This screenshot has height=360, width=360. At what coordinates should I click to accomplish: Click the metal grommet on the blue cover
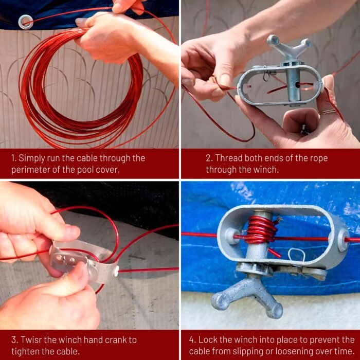click(x=26, y=22)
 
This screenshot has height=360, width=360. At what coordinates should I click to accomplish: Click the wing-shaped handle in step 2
click(x=289, y=46)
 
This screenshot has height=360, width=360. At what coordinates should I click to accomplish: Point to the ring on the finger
click(x=327, y=112)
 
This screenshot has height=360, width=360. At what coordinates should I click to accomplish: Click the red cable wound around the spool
click(x=261, y=229)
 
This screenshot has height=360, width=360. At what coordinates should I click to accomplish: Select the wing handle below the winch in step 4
click(x=247, y=296)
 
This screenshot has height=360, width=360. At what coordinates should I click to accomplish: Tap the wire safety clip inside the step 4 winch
click(x=296, y=255)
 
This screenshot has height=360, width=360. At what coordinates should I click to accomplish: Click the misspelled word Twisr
click(x=31, y=340)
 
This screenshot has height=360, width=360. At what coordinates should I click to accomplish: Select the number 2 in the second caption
click(x=208, y=158)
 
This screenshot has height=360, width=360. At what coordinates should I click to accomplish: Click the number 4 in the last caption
click(x=192, y=340)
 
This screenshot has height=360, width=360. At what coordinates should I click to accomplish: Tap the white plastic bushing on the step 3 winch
click(x=116, y=271)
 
